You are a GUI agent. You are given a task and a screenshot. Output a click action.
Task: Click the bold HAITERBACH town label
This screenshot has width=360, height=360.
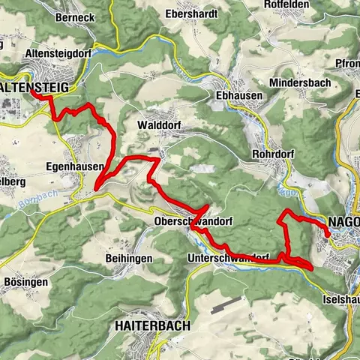(153, 326)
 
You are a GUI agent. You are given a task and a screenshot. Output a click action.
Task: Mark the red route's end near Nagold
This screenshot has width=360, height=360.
(327, 235)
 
